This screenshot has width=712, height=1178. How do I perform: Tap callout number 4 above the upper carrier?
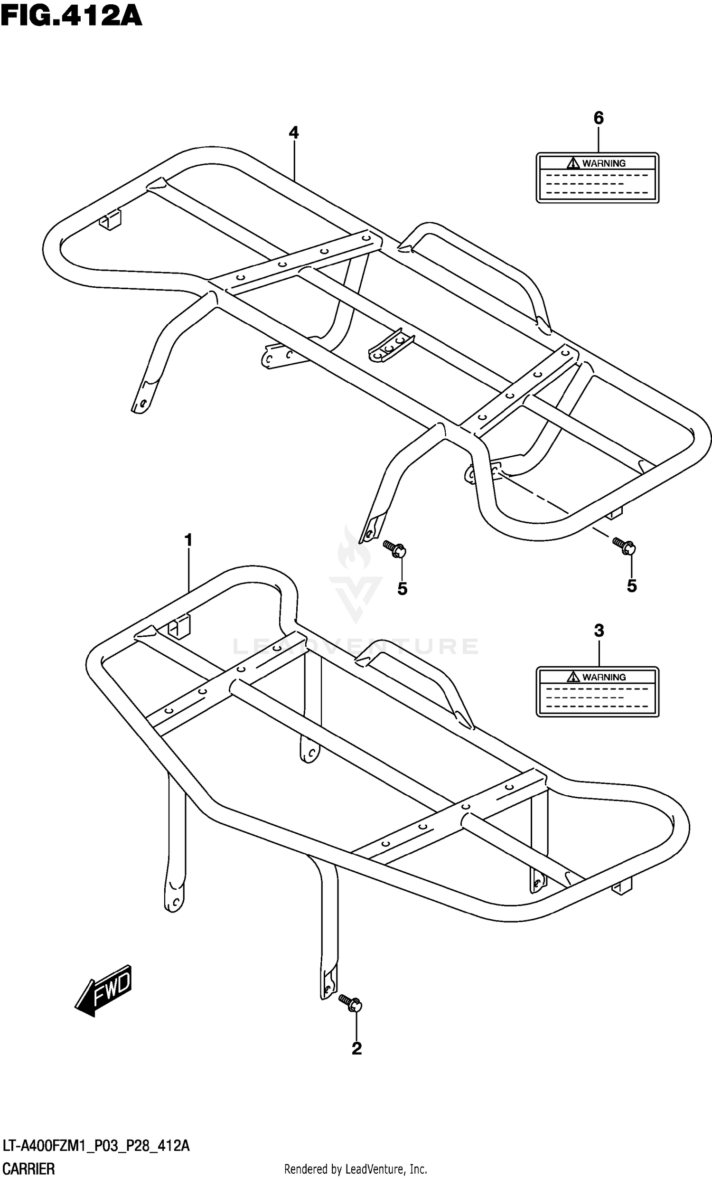tap(294, 132)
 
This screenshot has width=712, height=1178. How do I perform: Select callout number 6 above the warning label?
tap(598, 118)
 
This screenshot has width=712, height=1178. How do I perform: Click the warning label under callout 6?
tap(597, 178)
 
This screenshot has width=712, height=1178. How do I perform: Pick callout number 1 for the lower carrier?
tap(188, 540)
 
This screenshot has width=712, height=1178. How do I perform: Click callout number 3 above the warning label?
tap(599, 631)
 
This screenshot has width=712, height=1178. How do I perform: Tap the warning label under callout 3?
tap(597, 692)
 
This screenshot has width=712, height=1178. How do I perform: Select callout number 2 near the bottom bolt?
tap(356, 1048)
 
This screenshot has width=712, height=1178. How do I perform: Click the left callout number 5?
tap(403, 589)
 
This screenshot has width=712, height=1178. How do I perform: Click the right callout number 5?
tap(632, 585)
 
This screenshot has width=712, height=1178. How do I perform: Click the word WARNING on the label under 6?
tap(604, 163)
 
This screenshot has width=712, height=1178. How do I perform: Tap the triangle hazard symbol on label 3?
tap(573, 677)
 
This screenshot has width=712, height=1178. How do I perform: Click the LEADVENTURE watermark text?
tap(356, 646)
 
